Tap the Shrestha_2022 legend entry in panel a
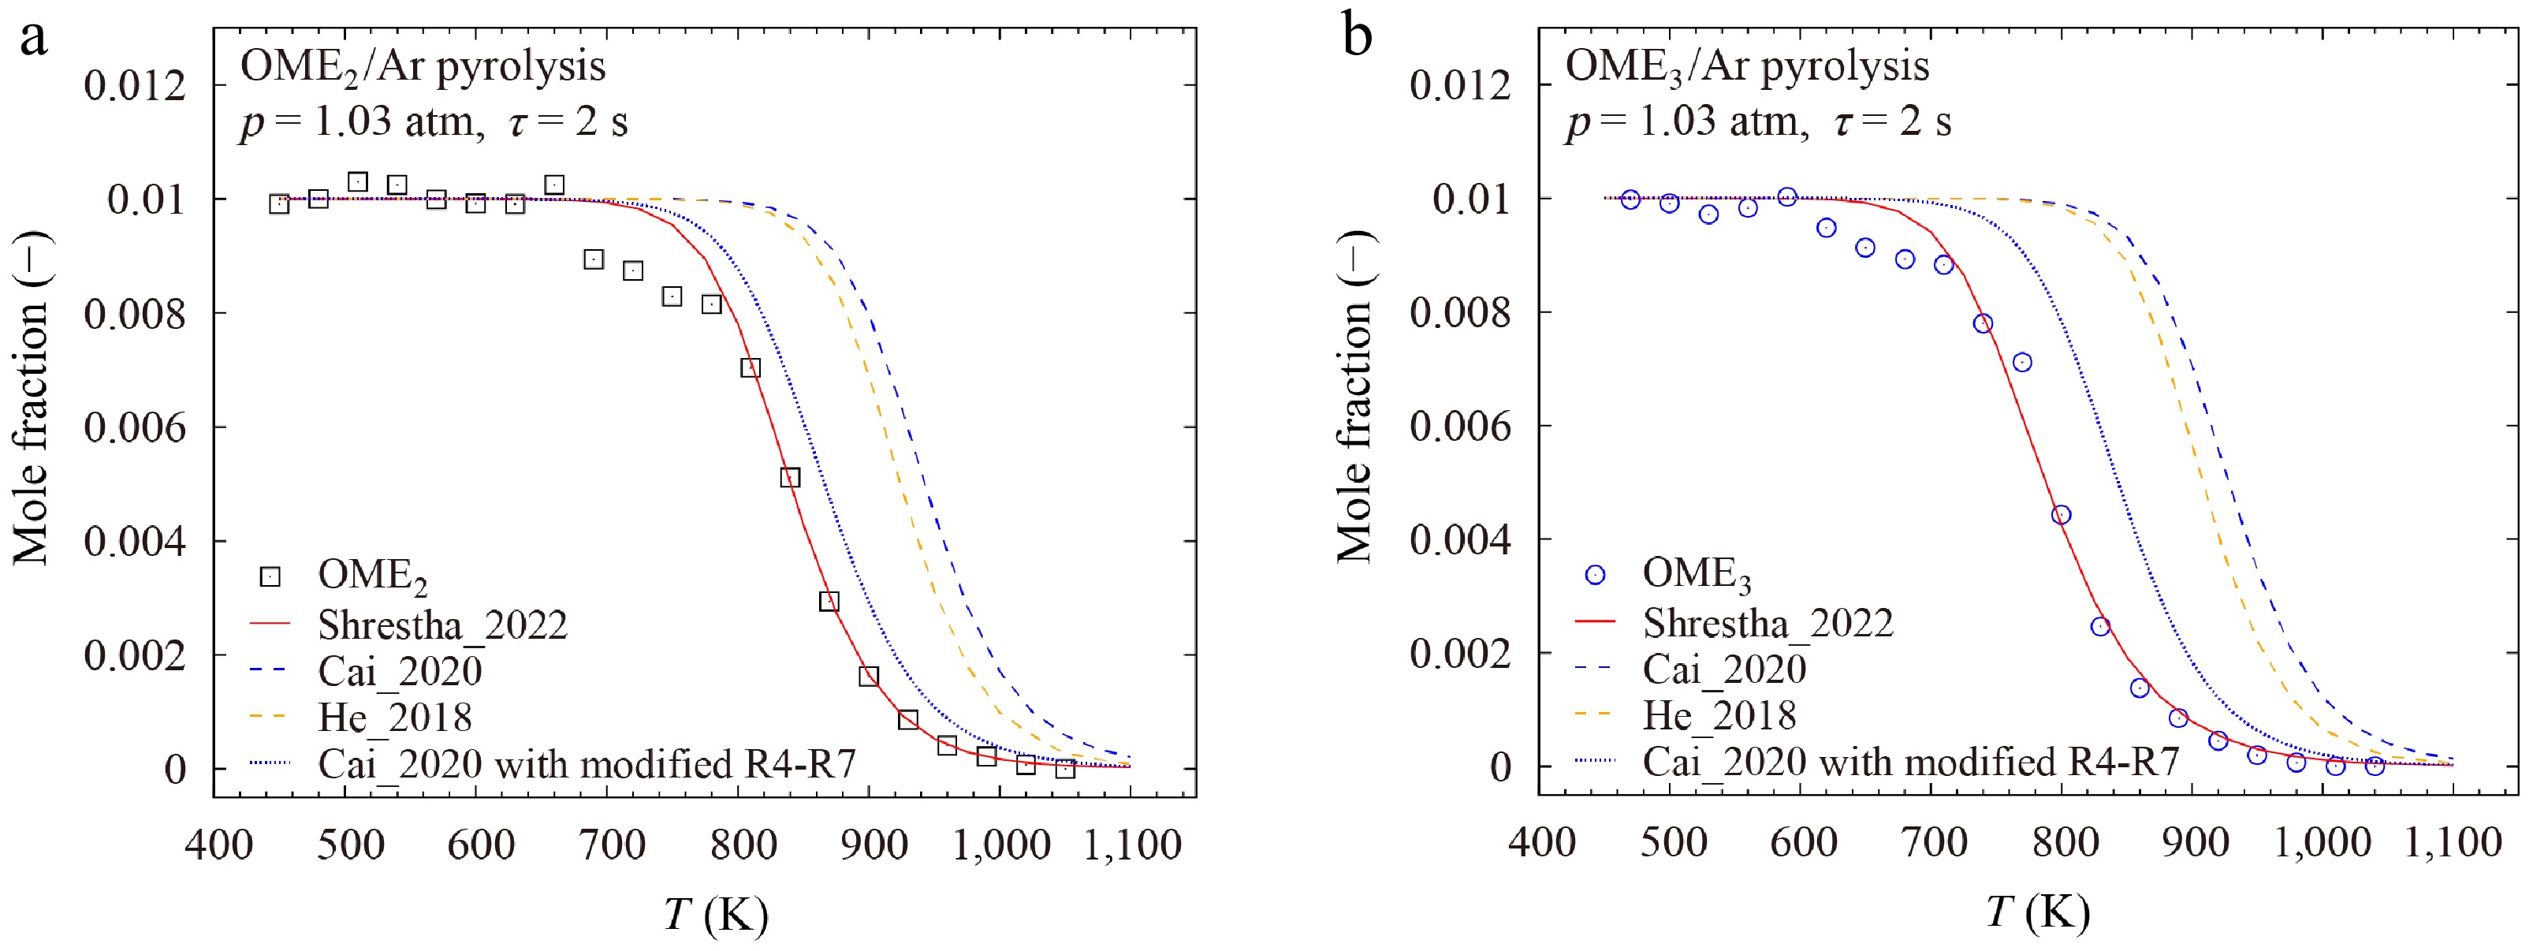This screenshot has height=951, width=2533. (x=441, y=625)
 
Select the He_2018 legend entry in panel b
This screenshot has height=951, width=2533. (x=1719, y=715)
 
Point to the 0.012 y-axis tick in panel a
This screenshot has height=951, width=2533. (x=135, y=86)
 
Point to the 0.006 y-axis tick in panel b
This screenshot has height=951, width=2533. (x=1460, y=427)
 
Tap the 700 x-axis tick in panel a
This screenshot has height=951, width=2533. (x=613, y=844)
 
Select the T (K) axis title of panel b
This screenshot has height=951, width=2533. (x=2036, y=912)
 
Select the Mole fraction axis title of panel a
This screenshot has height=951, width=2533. (x=32, y=398)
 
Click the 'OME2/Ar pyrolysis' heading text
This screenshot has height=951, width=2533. (x=423, y=67)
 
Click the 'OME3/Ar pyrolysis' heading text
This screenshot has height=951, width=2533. (x=1746, y=67)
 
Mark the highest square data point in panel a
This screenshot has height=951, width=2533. (x=358, y=182)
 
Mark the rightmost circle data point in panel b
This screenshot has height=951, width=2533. (x=2375, y=765)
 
